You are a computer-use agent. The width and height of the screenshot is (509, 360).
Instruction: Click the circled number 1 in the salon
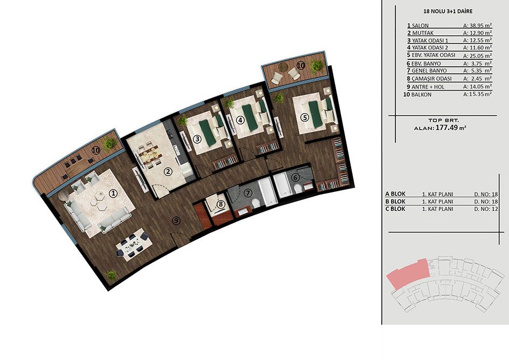click(x=113, y=194)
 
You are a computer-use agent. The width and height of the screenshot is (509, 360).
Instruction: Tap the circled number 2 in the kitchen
click(x=168, y=172)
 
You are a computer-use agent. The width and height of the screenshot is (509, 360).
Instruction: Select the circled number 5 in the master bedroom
click(x=304, y=117)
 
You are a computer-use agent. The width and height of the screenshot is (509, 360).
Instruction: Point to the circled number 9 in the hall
click(x=176, y=221)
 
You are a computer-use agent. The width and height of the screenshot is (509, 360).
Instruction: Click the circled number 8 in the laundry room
click(x=221, y=204)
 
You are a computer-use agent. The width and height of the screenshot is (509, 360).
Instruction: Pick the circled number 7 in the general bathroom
click(x=248, y=193)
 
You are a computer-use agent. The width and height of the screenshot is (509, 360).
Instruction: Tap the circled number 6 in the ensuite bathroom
click(x=295, y=178)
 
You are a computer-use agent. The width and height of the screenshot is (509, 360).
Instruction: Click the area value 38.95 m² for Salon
click(x=477, y=25)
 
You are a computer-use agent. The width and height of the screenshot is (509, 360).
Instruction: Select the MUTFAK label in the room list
click(x=423, y=33)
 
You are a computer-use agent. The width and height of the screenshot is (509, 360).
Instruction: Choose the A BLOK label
click(x=395, y=194)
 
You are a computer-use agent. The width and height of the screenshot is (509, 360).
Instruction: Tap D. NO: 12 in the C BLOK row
click(x=486, y=209)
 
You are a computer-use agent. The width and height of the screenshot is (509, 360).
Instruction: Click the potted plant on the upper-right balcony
click(x=316, y=67)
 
